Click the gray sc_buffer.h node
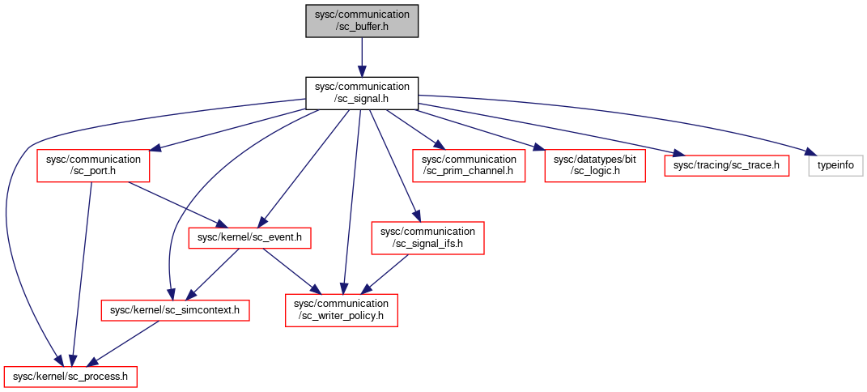click(362, 20)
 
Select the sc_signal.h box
click(362, 93)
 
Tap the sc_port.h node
click(93, 164)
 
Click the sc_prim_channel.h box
click(469, 164)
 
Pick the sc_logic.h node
click(595, 164)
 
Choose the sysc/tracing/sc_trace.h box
click(726, 164)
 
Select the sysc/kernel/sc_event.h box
click(249, 238)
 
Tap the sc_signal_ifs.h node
click(427, 238)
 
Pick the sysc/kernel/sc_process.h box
click(70, 377)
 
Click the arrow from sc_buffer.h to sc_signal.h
click(362, 57)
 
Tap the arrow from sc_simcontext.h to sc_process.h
click(124, 343)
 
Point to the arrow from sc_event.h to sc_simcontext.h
click(215, 274)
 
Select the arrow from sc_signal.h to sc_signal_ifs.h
click(395, 166)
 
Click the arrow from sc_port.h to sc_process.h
click(80, 274)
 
